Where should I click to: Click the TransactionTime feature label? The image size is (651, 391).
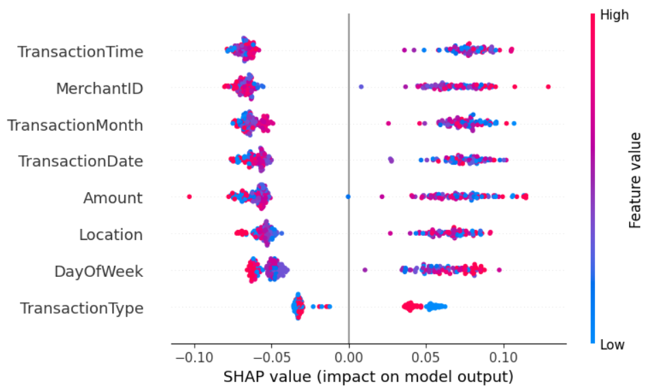(80, 52)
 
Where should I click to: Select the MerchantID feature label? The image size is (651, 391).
(99, 88)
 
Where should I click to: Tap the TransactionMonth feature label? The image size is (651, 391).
(75, 125)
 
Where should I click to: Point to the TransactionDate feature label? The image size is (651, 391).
(80, 161)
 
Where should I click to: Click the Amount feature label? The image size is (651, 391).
(113, 198)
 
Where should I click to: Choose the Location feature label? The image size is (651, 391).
(111, 235)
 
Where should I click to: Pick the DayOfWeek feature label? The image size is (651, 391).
(98, 271)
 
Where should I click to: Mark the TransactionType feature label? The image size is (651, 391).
(81, 308)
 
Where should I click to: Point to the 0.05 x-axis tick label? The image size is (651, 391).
(426, 358)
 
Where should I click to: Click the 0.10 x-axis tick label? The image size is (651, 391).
(503, 358)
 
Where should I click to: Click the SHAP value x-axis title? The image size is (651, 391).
(368, 377)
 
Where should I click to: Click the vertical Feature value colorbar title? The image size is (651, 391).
(635, 180)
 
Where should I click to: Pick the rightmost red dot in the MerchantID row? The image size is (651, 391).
(548, 87)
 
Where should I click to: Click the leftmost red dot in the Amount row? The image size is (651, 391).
(189, 197)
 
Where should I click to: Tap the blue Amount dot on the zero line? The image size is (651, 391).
(348, 197)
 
